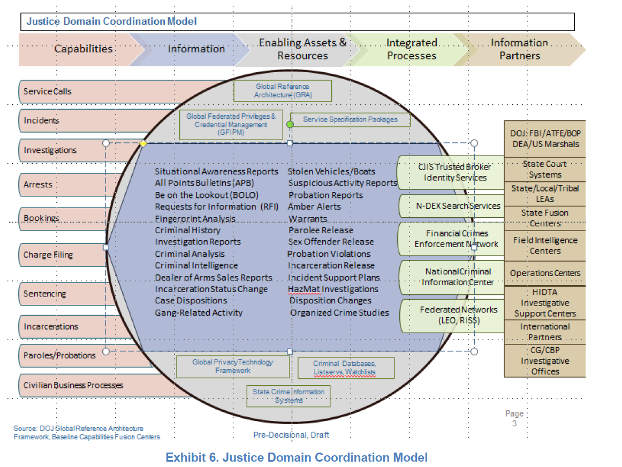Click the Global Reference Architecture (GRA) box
(283, 91)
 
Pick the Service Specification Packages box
(351, 119)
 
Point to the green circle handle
(290, 124)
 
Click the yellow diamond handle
(143, 143)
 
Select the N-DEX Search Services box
(451, 205)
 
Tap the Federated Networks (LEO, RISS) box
(451, 316)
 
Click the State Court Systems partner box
(545, 169)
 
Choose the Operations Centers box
(545, 273)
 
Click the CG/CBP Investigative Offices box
(545, 361)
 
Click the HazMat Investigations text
(333, 289)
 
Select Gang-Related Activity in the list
(199, 312)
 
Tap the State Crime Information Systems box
(289, 396)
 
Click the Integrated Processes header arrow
(411, 49)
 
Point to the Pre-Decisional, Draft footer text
(291, 435)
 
